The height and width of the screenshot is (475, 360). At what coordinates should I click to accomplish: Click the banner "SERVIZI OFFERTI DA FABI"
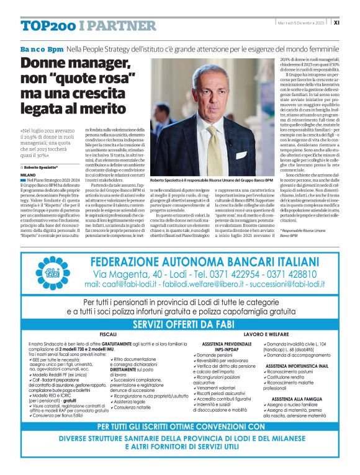click(x=180, y=324)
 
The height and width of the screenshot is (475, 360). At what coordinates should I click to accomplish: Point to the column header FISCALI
click(x=108, y=334)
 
